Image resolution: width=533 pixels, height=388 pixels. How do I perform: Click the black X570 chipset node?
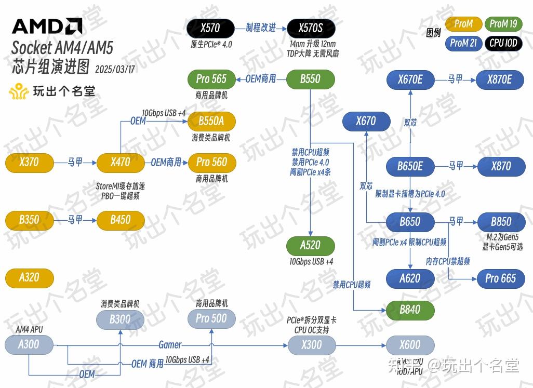point(210,28)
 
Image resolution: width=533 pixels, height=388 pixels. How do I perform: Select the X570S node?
point(310,28)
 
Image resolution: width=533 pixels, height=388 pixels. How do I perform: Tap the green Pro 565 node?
point(211,79)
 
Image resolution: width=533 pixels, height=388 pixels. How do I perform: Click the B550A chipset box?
point(211,121)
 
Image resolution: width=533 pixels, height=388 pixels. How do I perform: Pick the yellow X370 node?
point(29,162)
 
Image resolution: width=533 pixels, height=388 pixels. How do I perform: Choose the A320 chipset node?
point(29,277)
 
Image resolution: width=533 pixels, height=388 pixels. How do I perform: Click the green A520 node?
point(310,245)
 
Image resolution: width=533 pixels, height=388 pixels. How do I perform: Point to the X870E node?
point(499,79)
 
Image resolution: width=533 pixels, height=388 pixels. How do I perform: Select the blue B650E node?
point(410,166)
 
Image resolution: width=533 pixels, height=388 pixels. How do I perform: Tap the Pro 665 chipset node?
point(500,278)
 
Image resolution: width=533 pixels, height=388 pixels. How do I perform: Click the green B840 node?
point(410,310)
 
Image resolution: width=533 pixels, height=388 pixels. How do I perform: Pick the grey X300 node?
point(312,345)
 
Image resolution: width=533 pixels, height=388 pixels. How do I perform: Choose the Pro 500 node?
point(211,318)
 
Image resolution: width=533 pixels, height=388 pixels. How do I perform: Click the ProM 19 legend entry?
point(503,24)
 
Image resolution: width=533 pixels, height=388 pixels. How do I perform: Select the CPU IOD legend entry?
point(503,43)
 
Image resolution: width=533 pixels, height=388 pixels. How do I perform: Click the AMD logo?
point(47,26)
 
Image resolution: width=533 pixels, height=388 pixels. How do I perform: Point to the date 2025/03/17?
point(115,69)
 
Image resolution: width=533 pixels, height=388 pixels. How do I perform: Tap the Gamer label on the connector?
point(170,344)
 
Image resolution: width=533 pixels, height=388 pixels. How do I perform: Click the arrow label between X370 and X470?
point(75,162)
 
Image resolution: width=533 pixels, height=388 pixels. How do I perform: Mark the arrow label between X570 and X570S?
point(261,28)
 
